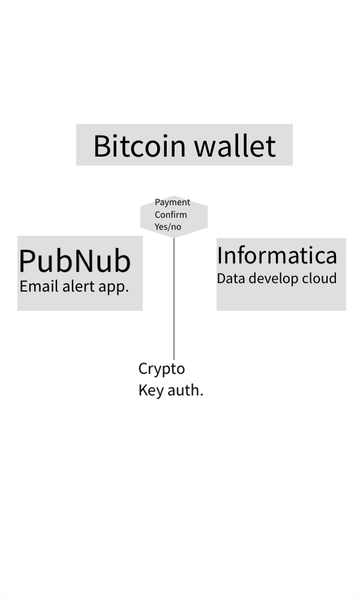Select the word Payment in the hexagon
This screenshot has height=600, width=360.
pos(172,202)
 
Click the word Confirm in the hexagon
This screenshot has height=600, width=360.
pos(170,215)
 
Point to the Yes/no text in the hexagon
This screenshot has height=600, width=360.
pos(168,227)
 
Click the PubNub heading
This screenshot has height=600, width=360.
pos(74,261)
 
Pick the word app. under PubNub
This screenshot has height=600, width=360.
pos(113,287)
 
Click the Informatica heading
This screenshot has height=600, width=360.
pos(277,256)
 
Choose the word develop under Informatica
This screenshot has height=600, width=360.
pos(272,279)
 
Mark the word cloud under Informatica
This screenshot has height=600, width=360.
pos(319,278)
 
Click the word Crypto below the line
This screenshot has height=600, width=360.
pos(161,369)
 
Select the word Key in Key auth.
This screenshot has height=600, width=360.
pos(150,390)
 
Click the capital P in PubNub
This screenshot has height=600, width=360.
pos(28,262)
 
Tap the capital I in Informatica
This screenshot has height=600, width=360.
pos(220,256)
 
